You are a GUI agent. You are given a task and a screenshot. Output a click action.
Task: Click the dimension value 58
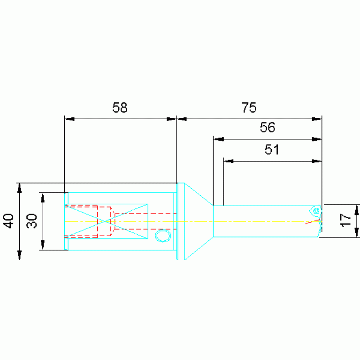point(120,107)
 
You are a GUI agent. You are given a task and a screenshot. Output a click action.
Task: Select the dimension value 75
point(249,107)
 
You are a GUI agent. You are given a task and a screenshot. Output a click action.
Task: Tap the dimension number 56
point(268,127)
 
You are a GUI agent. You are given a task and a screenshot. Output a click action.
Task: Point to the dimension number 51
point(272,150)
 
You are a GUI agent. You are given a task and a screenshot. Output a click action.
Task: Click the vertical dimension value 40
point(8,221)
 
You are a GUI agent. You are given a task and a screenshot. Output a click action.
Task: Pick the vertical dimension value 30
point(32,221)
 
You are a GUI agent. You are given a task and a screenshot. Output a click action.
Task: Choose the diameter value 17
point(345,221)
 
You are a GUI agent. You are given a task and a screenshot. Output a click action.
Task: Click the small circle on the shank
point(163,236)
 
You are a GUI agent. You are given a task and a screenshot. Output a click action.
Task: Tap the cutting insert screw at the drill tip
point(316,211)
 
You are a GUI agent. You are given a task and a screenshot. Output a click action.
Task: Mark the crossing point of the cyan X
point(106,222)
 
